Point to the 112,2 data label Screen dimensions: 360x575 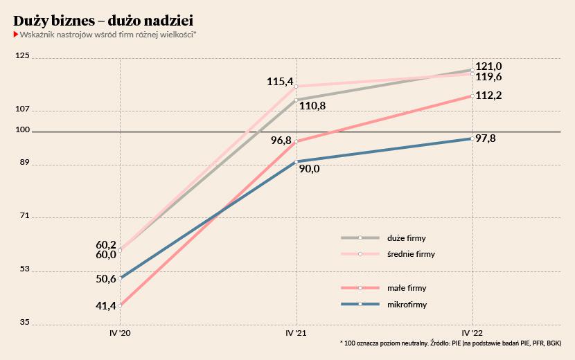(x=489, y=96)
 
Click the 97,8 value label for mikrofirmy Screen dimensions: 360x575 (x=486, y=138)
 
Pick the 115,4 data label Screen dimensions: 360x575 (x=280, y=82)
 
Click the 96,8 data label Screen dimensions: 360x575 (x=281, y=140)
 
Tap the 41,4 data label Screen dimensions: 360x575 (x=106, y=305)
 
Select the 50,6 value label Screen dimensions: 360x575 (x=106, y=279)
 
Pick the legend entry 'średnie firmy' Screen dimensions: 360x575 (x=411, y=254)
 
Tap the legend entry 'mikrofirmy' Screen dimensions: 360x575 (x=406, y=305)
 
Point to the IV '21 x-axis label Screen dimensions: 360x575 (x=297, y=333)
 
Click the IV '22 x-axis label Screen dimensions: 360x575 (x=472, y=333)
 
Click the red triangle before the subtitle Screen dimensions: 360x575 (x=16, y=33)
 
